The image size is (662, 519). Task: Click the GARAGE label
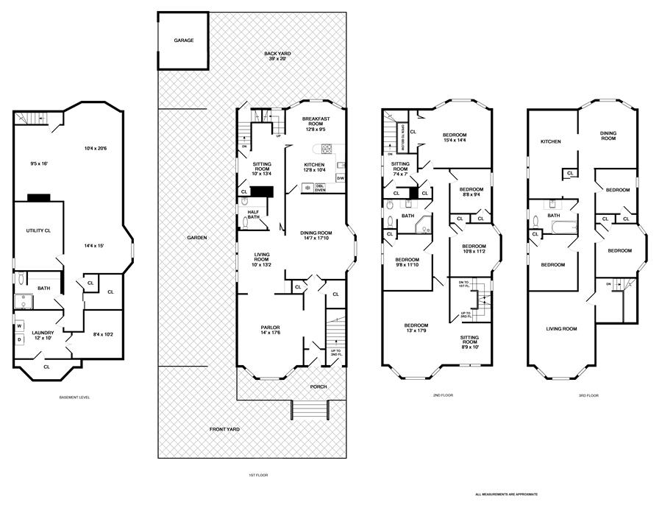click(x=183, y=40)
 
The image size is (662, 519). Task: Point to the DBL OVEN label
click(x=320, y=187)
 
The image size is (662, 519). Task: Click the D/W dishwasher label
click(x=340, y=178)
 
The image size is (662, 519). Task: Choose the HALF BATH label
click(x=253, y=214)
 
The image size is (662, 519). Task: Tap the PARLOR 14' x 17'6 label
click(x=271, y=331)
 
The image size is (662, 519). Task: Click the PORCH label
click(x=318, y=386)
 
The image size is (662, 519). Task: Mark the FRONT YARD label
click(x=224, y=429)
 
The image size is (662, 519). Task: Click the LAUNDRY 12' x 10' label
click(x=43, y=335)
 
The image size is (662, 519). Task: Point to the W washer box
click(x=20, y=325)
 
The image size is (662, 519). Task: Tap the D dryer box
click(x=20, y=339)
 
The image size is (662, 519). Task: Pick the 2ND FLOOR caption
click(x=443, y=395)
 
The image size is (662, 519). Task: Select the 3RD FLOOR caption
click(x=588, y=395)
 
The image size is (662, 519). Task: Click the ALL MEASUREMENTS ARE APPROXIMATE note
click(x=506, y=494)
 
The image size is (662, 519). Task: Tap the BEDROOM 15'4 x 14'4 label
click(x=458, y=138)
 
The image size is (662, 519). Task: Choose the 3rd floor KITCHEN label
click(x=551, y=141)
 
